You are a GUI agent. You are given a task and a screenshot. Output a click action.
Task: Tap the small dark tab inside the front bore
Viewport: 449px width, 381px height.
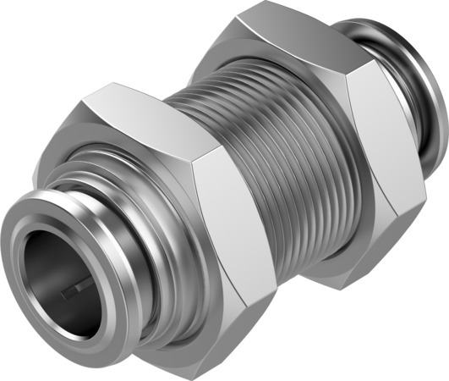pyautogui.click(x=73, y=290)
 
